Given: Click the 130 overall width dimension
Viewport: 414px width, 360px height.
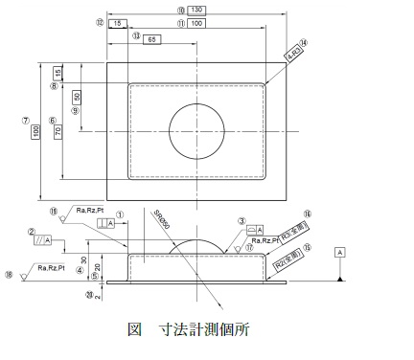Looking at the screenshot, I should [195, 10].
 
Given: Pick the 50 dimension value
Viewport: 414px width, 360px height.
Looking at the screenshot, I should [76, 98].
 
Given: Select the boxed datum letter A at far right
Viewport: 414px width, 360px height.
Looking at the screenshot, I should [339, 252].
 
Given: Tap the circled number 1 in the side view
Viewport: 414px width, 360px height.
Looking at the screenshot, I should [119, 215].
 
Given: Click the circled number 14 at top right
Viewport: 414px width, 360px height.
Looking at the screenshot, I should [305, 43].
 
